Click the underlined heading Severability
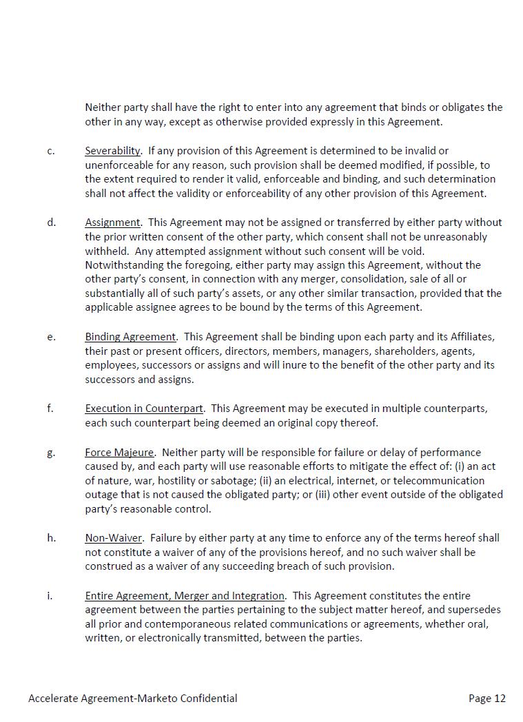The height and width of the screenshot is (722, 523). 112,151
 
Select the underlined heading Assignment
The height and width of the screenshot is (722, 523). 112,223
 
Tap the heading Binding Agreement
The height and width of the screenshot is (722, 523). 130,337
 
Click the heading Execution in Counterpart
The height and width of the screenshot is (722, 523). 145,409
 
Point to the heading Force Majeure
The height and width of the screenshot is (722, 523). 119,453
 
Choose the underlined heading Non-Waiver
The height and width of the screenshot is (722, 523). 114,538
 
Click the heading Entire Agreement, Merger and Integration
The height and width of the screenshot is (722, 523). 185,596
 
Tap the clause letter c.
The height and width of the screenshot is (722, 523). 51,151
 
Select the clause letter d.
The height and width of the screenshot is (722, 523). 51,223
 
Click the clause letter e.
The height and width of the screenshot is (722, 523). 51,337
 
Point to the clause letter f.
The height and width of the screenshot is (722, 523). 50,409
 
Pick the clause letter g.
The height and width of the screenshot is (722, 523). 51,453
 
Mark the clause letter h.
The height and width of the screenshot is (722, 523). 51,538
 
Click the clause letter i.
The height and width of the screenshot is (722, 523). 50,596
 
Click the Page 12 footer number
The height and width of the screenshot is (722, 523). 486,699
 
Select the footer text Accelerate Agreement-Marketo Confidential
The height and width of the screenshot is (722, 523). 133,699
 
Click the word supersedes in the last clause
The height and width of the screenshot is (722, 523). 475,610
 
